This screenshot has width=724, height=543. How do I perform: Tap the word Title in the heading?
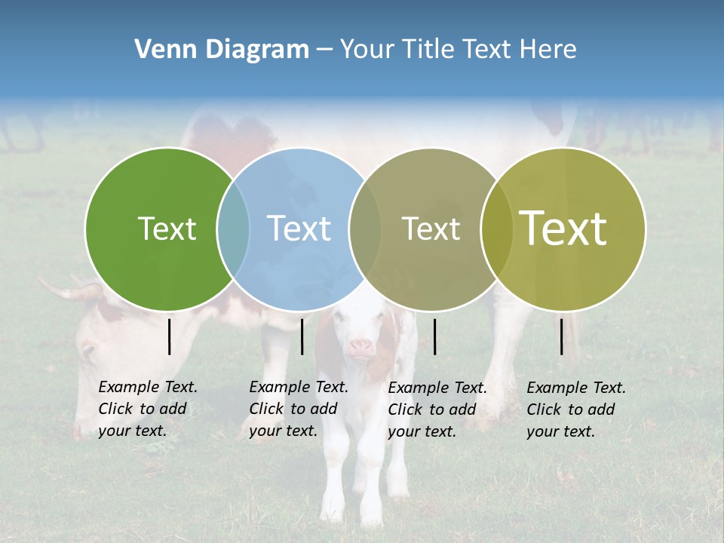click(428, 50)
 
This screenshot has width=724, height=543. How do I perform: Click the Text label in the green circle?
click(167, 229)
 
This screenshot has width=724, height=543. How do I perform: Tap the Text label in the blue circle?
click(299, 229)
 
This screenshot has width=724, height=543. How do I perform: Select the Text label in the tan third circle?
click(431, 229)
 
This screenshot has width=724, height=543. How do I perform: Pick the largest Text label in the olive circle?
click(563, 229)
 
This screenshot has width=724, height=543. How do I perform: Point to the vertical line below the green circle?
click(170, 336)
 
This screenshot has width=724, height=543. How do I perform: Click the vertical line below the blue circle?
click(302, 336)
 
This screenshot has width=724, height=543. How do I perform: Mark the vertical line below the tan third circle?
click(435, 336)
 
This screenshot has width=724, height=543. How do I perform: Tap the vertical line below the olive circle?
click(562, 336)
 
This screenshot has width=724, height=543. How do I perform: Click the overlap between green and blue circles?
click(233, 229)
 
